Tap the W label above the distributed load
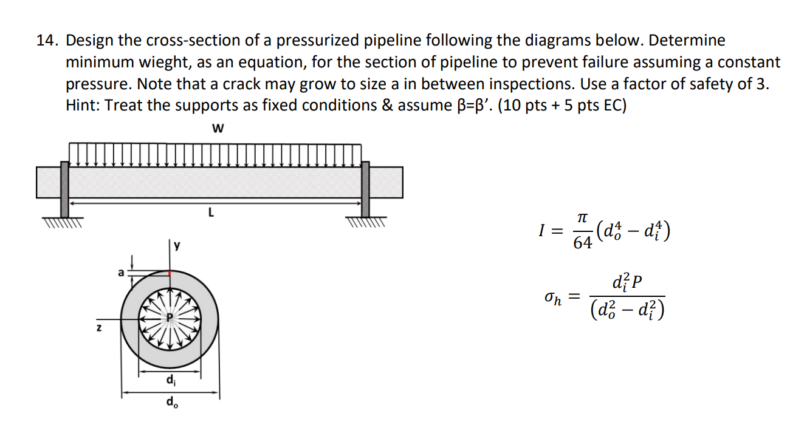tap(218, 129)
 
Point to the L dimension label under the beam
tap(210, 213)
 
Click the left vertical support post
tap(64, 189)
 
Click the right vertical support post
tap(365, 189)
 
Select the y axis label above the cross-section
tap(177, 245)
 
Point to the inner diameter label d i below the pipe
tap(170, 381)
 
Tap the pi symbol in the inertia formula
tap(582, 217)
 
